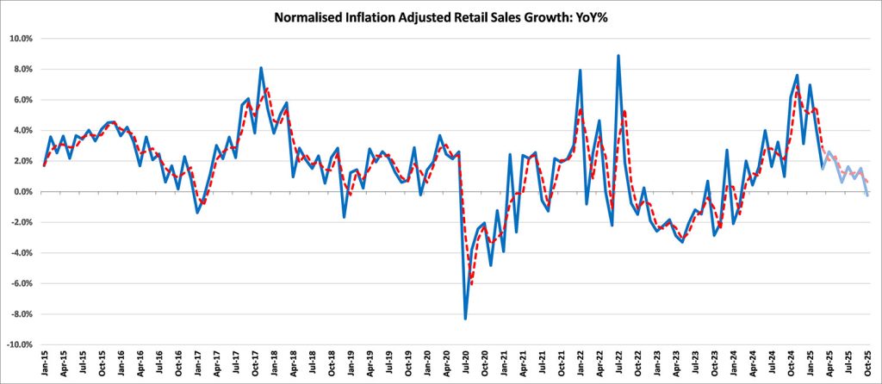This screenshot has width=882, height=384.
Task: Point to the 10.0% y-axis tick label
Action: tap(20, 39)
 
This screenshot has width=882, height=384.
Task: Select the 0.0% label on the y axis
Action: tap(22, 192)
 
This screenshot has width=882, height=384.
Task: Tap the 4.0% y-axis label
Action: tap(22, 131)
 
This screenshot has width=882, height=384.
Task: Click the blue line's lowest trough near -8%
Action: tap(466, 319)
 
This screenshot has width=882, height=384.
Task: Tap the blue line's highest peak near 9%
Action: tap(618, 56)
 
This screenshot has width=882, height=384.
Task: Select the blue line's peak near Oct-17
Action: tap(261, 68)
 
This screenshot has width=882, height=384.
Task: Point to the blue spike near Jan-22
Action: tap(581, 71)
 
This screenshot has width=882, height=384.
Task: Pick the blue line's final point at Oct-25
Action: tap(866, 195)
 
